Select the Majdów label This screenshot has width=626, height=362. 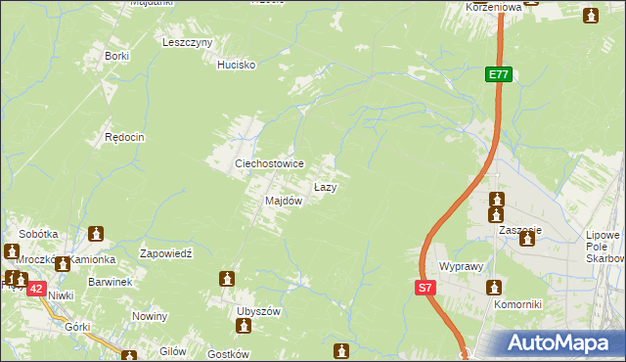click(284, 201)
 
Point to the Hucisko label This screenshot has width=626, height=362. click(236, 65)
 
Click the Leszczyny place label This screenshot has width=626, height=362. click(188, 42)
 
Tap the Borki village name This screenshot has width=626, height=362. click(117, 56)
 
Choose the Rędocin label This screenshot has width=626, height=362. click(125, 138)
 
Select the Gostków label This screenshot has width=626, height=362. click(231, 354)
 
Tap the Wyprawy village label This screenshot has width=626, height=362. click(463, 266)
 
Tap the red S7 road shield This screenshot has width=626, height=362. click(425, 288)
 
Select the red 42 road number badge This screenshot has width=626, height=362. click(35, 289)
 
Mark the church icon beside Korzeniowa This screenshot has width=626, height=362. click(591, 16)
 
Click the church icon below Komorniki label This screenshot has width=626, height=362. click(493, 288)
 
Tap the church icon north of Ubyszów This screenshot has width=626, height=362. click(228, 280)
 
